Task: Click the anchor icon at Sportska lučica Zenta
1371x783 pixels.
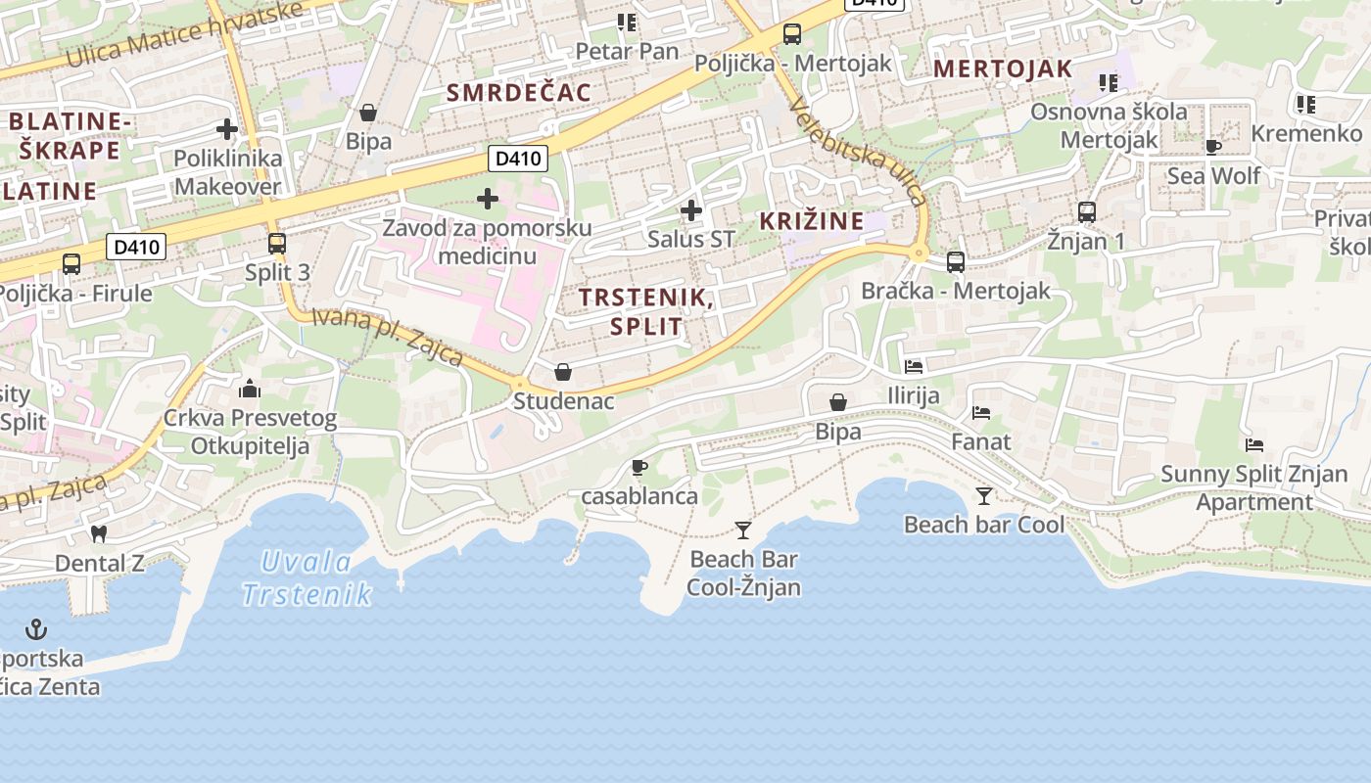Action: coord(36,628)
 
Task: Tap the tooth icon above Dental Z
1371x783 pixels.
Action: coord(97,534)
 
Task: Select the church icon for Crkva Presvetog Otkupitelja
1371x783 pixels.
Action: coord(250,390)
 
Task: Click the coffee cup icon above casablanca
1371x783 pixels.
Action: coord(639,467)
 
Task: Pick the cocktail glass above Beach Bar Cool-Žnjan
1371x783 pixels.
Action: coord(743,530)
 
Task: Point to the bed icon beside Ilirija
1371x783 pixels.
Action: coord(914,367)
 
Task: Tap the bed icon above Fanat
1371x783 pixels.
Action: coord(981,413)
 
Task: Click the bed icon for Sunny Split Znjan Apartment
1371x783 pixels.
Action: coord(1254,445)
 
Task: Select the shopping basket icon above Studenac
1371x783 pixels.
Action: coord(563,372)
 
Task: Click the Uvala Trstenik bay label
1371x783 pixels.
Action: coord(307,577)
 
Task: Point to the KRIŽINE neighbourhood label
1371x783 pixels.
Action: coord(812,221)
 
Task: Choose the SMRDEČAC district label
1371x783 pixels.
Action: coord(519,93)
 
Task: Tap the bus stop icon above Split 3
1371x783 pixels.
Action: coord(277,243)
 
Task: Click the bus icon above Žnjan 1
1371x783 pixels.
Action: coord(1086,211)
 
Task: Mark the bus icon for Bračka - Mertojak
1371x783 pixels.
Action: coord(956,261)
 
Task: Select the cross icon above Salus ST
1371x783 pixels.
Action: coord(691,209)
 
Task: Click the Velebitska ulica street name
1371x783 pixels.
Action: coord(859,151)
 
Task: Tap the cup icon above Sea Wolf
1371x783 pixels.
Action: coord(1213,148)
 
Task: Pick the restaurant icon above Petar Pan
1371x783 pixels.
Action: coord(627,22)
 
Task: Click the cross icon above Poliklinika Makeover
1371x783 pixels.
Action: coord(227,128)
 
